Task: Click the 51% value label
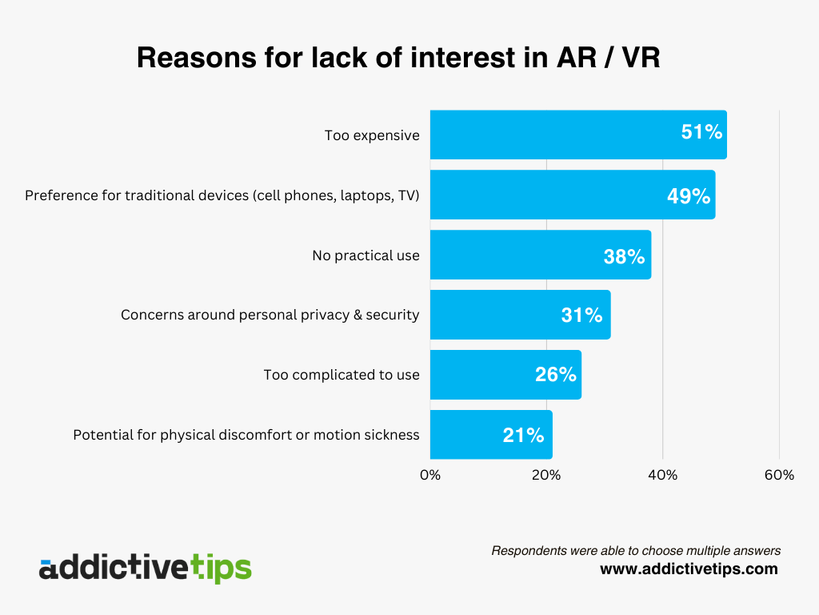point(701,133)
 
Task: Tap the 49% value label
point(689,196)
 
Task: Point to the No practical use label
point(366,255)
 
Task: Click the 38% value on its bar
point(624,256)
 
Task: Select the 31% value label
point(581,316)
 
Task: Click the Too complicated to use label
point(342,375)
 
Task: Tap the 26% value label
point(555,375)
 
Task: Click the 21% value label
point(523,436)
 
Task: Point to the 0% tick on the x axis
point(430,475)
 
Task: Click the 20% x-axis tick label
point(546,475)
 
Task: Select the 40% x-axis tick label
point(662,475)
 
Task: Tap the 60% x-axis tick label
point(779,475)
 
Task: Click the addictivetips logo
point(145,568)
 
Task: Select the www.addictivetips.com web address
point(689,569)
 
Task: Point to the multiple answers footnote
point(636,550)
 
